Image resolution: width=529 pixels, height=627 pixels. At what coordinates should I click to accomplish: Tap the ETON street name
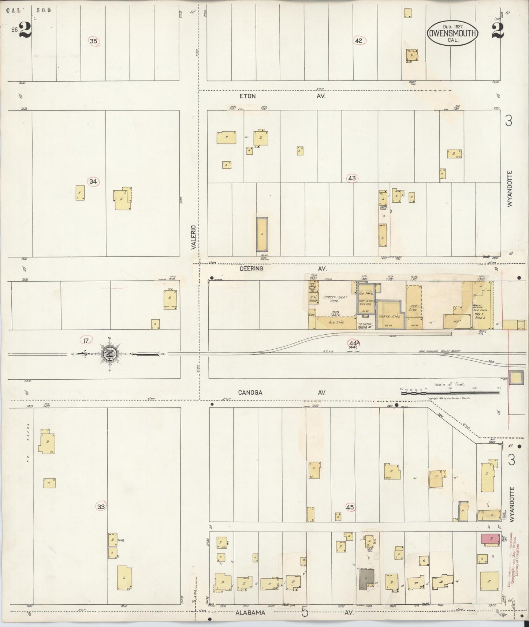[x=247, y=96]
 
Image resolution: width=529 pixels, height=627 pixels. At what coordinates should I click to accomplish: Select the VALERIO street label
[x=194, y=237]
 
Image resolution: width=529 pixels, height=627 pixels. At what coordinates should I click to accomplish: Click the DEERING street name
[x=251, y=269]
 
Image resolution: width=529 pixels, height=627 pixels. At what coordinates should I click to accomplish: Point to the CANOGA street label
[x=250, y=393]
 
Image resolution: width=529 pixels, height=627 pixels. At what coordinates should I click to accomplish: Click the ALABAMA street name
[x=250, y=612]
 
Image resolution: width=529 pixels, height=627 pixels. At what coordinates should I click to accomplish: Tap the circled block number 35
[x=94, y=41]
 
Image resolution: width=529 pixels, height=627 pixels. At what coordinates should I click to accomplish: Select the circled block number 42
[x=358, y=41]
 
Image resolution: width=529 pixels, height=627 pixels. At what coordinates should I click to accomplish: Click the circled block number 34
[x=93, y=181]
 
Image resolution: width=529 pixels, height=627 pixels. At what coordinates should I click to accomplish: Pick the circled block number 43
[x=352, y=179]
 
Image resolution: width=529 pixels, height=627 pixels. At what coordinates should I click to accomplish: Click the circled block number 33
[x=101, y=507]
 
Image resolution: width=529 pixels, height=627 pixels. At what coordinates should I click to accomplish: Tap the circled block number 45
[x=350, y=507]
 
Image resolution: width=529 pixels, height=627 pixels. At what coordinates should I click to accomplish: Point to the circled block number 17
[x=86, y=341]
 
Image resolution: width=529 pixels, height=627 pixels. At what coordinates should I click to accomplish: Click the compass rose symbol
[x=109, y=354]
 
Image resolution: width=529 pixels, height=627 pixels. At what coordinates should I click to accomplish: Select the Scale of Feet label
[x=449, y=384]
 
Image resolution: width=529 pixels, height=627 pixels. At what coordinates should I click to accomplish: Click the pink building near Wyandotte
[x=490, y=538]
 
